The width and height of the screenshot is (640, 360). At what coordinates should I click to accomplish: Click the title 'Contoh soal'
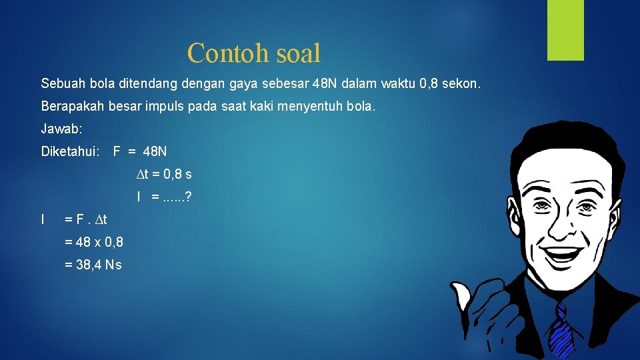tap(254, 53)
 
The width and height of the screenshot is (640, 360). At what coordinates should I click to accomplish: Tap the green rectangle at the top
tap(565, 30)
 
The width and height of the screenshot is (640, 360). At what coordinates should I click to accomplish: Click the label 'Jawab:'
tap(60, 129)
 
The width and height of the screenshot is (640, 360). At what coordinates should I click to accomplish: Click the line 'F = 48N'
tap(140, 152)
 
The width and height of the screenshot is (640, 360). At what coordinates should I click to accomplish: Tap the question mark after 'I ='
tap(189, 197)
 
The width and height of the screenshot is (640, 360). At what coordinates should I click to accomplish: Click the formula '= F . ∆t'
tap(85, 219)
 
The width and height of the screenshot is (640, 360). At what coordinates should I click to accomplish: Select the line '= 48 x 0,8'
tap(93, 242)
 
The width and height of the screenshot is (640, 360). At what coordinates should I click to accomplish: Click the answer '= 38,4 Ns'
tap(93, 265)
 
